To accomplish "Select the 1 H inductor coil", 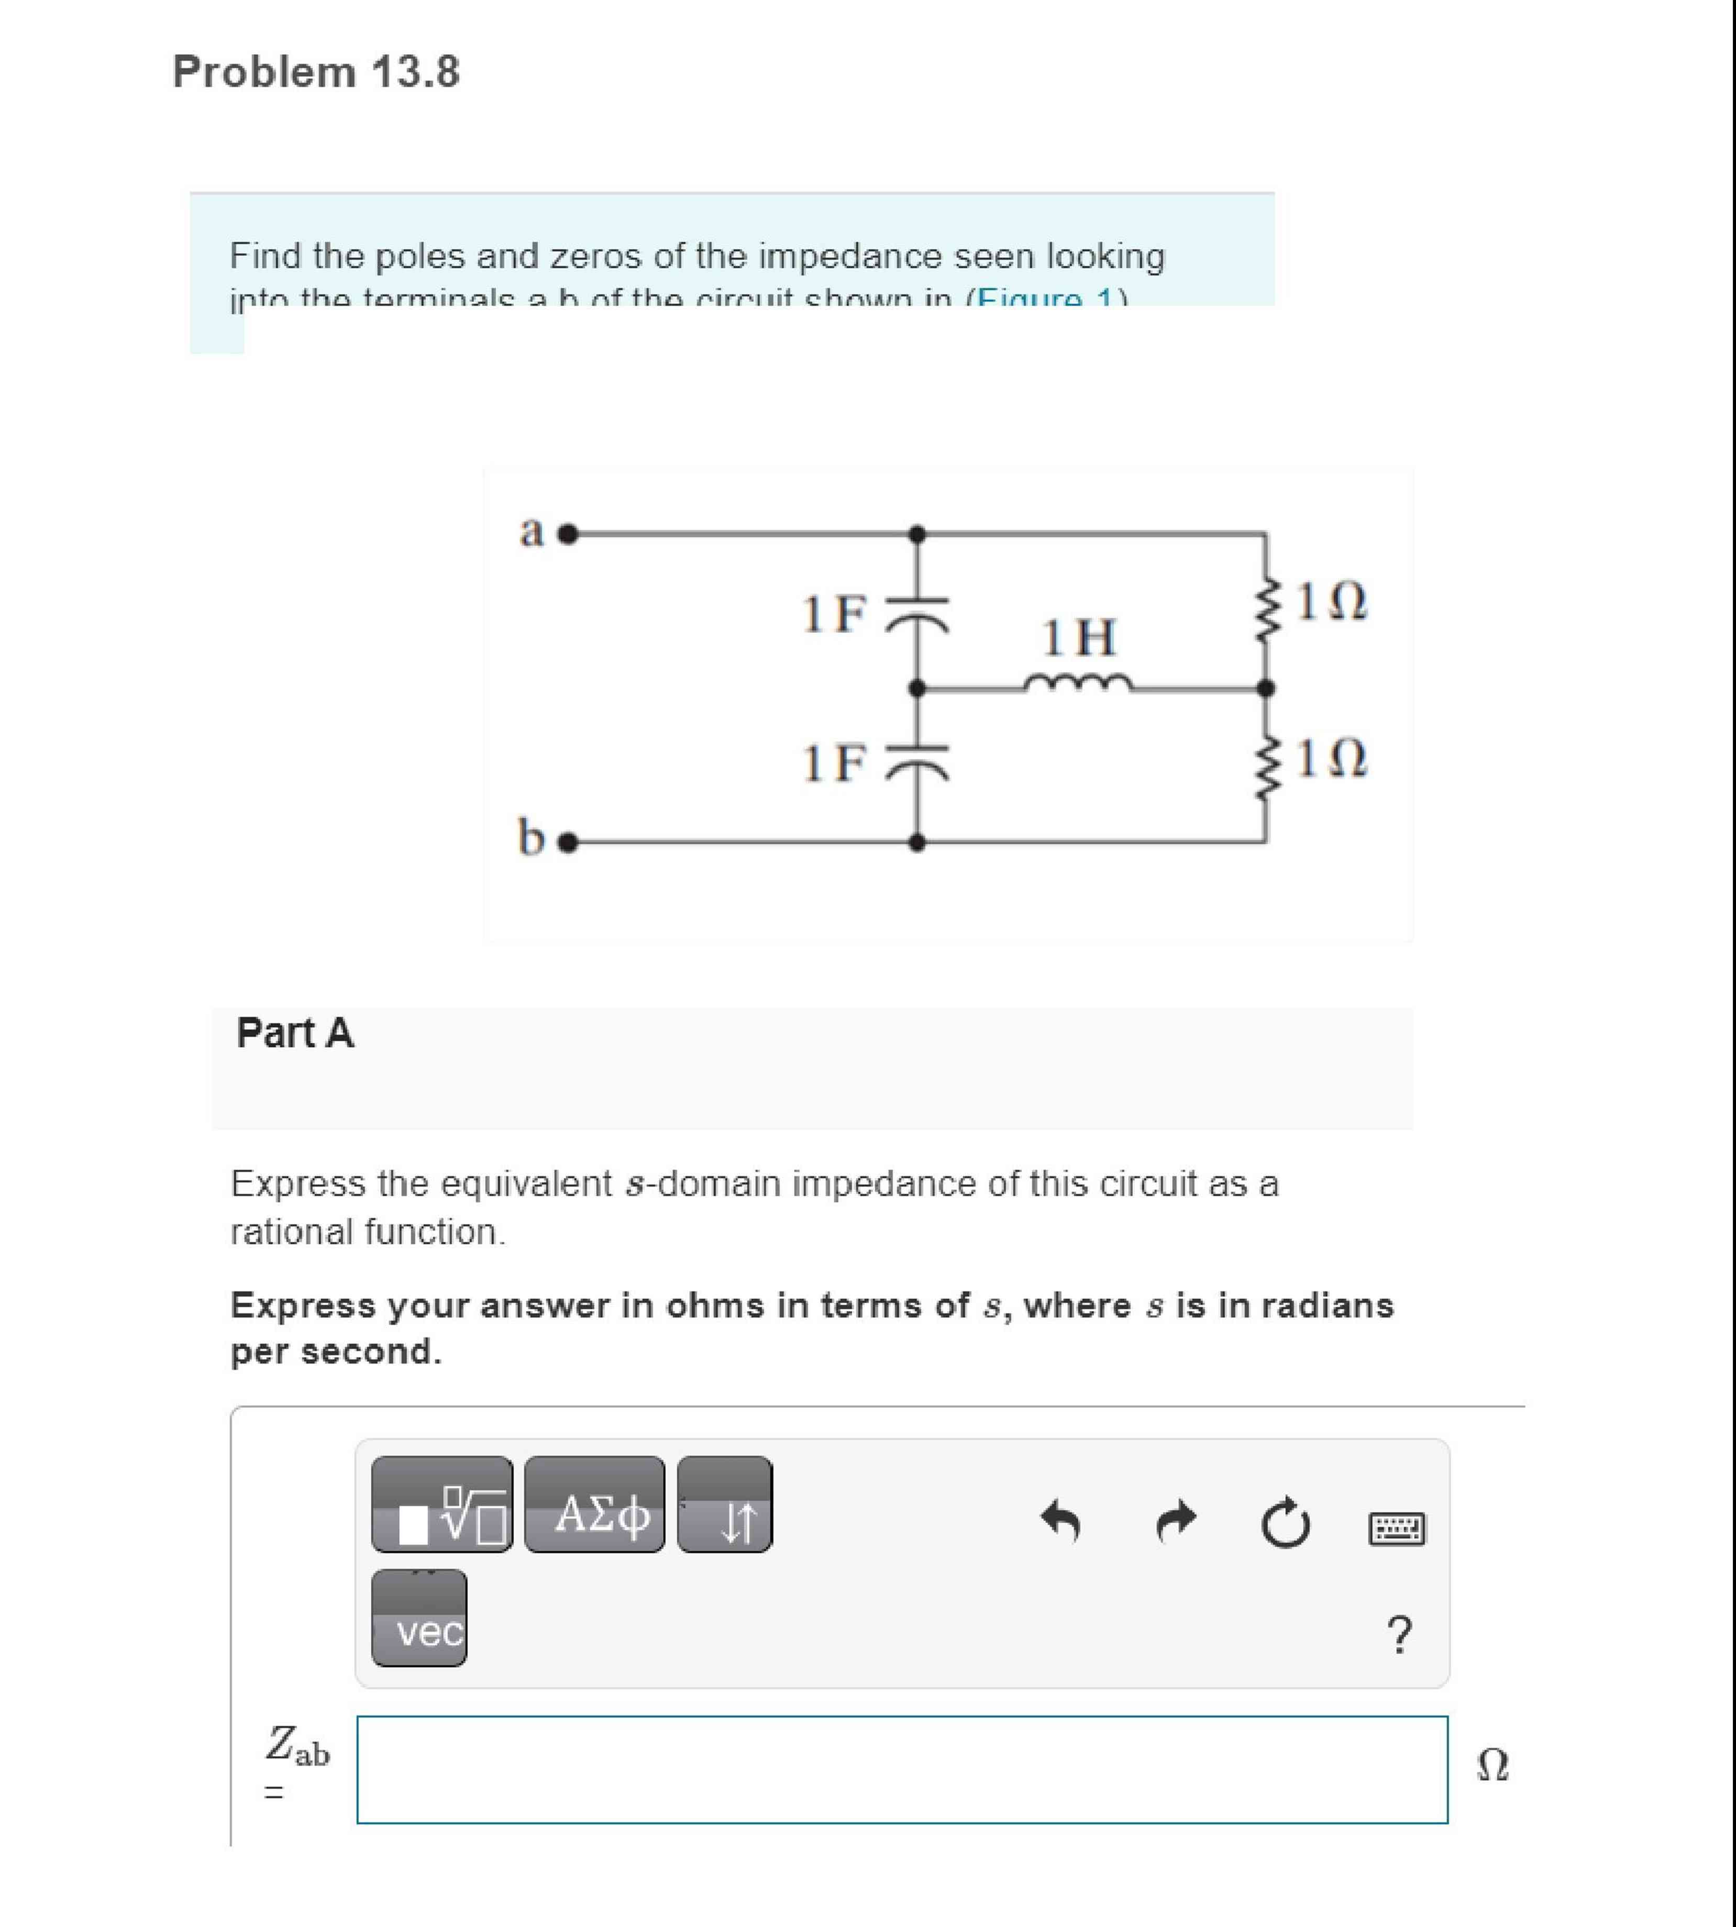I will coord(1078,683).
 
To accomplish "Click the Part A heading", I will coord(295,1033).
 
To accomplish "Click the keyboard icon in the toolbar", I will coord(1397,1528).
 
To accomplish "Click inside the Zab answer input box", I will coord(901,1769).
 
